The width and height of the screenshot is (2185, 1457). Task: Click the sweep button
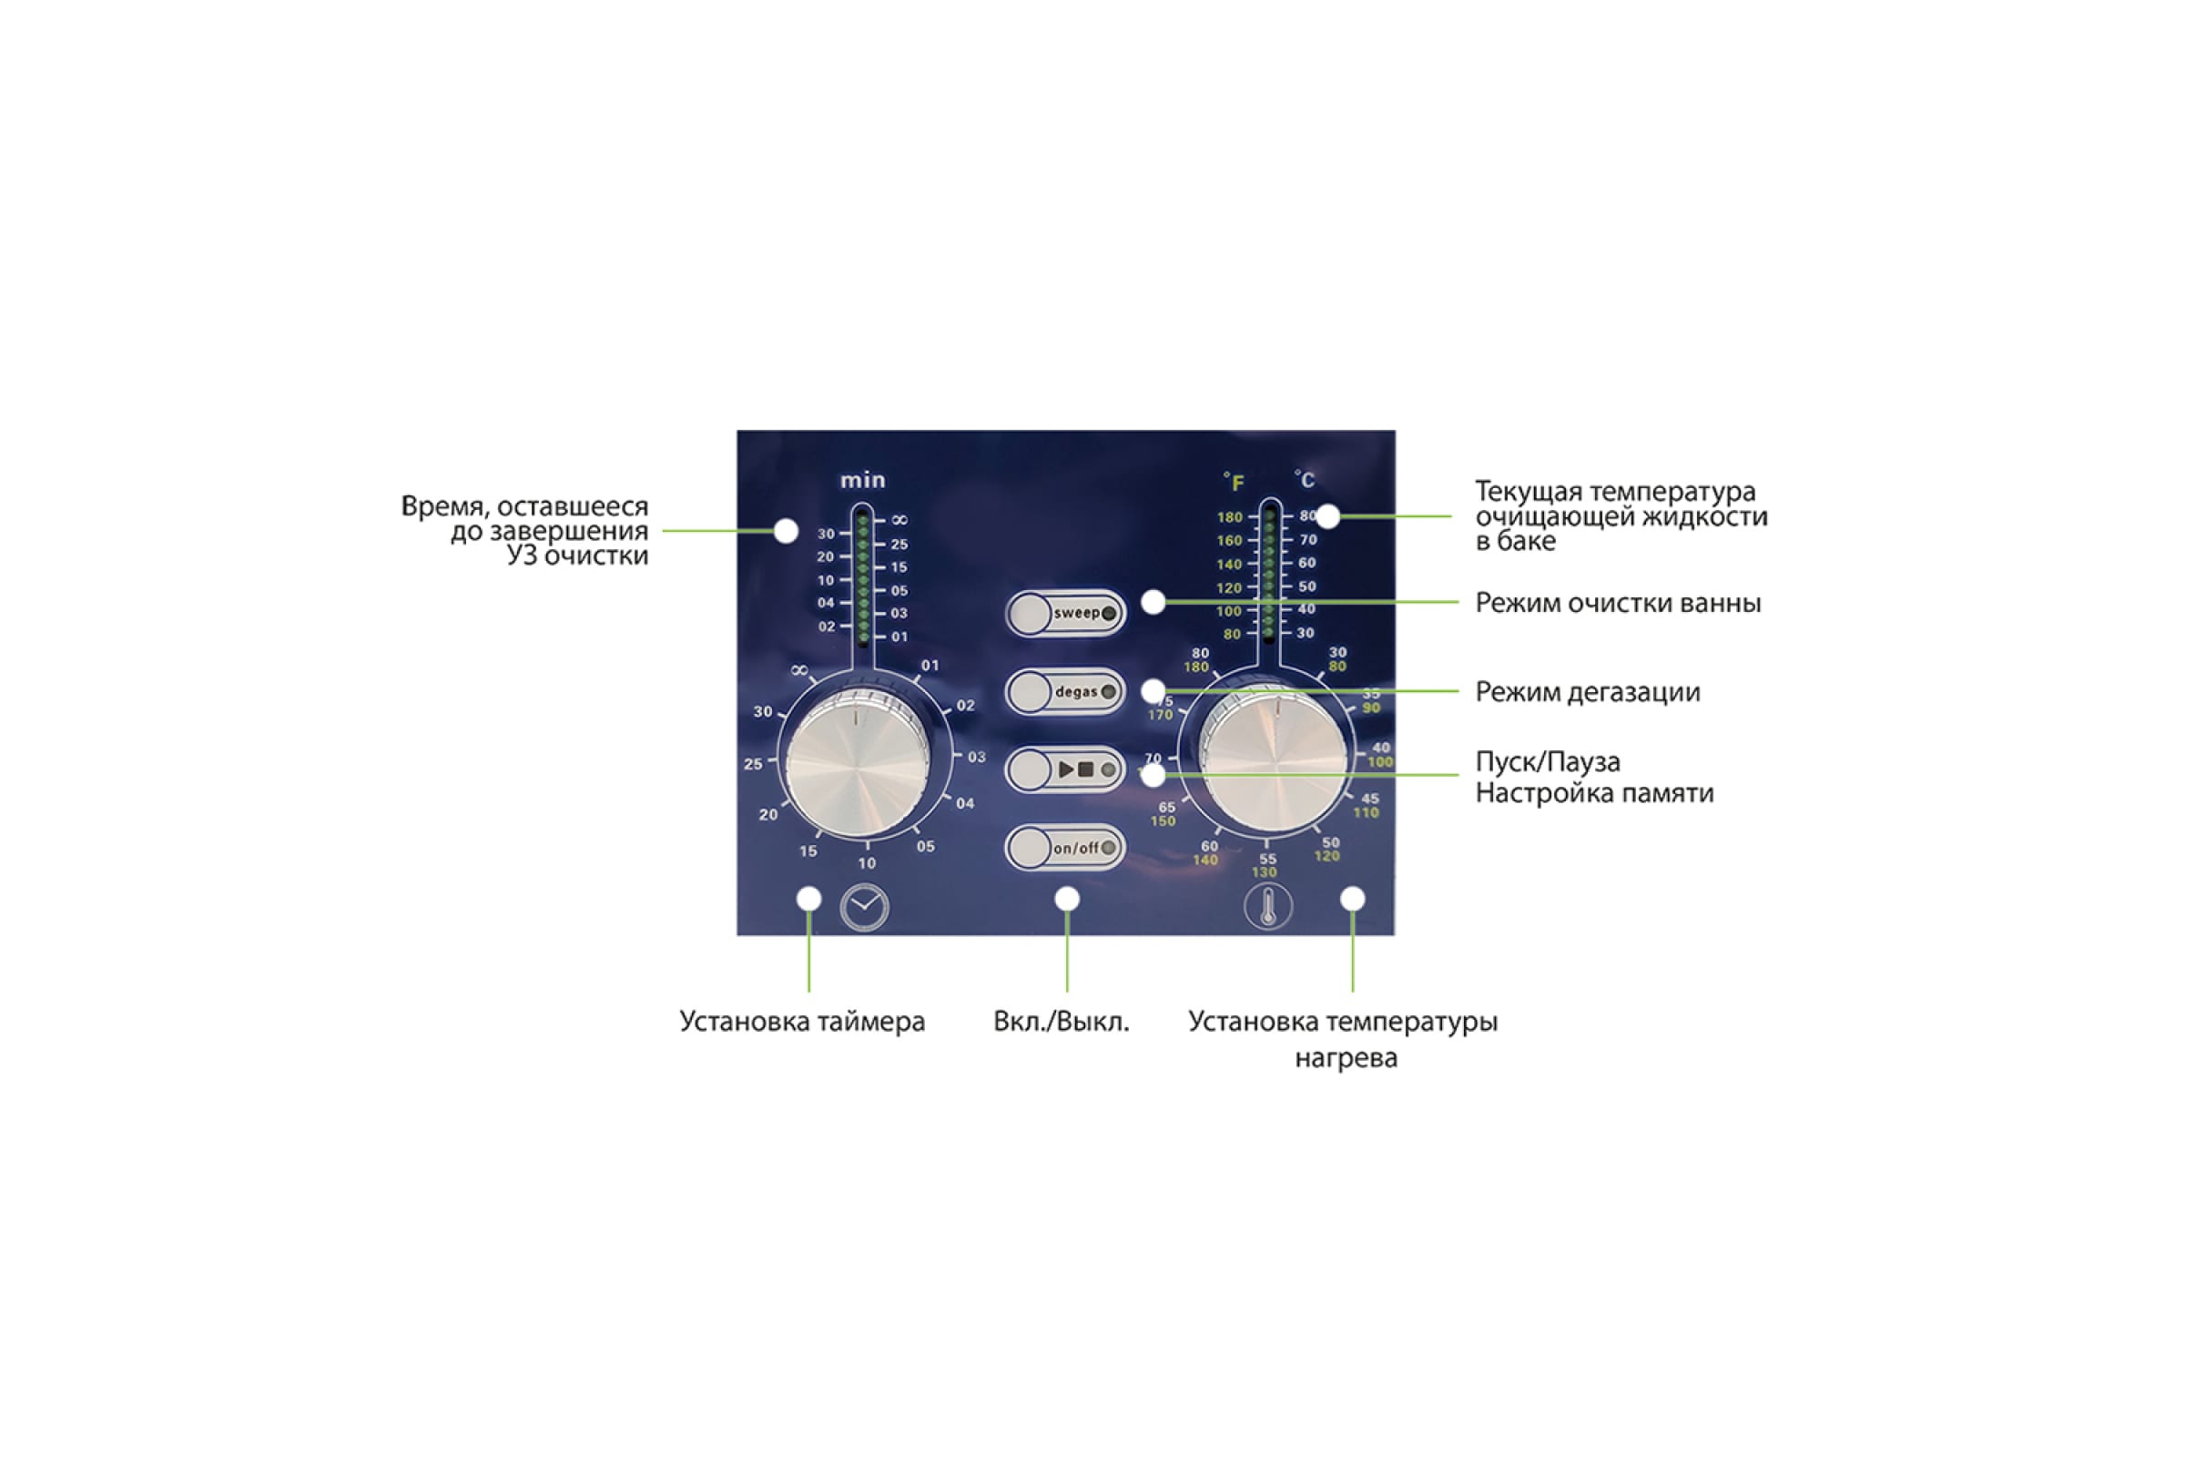click(1064, 613)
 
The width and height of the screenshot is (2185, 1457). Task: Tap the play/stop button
click(1064, 769)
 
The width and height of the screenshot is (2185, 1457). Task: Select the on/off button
click(1064, 848)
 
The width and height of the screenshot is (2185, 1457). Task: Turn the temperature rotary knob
click(1273, 759)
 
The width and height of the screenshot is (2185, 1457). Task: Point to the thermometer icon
click(1267, 907)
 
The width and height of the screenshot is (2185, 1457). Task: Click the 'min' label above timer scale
click(863, 481)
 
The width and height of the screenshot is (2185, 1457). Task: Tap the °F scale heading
click(1234, 482)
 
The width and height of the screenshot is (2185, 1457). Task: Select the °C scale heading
click(1305, 480)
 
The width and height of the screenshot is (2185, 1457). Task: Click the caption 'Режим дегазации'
click(1588, 692)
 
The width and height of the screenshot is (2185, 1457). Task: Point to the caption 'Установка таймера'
click(802, 1021)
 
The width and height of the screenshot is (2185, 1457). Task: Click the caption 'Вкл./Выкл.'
click(1061, 1021)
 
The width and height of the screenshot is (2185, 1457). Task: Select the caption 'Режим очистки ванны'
click(1619, 603)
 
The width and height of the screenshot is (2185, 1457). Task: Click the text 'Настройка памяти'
click(1594, 793)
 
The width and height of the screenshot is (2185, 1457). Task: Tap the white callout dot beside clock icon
click(809, 899)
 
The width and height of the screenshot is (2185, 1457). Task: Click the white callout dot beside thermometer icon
click(1353, 899)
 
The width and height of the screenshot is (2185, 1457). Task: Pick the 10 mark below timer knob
click(867, 863)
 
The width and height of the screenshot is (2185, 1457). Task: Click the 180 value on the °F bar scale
click(1229, 517)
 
